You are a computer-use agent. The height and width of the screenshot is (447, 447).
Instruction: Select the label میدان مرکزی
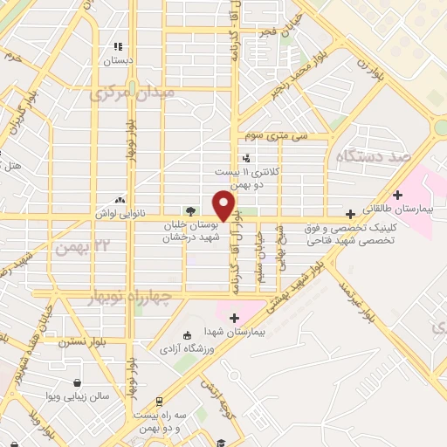pyautogui.click(x=132, y=91)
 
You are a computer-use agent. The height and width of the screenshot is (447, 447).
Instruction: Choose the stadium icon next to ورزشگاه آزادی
pyautogui.click(x=185, y=335)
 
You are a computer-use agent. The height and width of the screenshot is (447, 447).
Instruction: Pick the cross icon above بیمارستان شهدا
pyautogui.click(x=234, y=316)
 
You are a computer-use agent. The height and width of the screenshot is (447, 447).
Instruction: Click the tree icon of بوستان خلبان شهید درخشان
pyautogui.click(x=189, y=210)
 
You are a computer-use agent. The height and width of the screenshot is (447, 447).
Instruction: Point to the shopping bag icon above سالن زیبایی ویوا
pyautogui.click(x=79, y=382)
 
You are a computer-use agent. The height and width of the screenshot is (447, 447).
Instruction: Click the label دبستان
pyautogui.click(x=116, y=61)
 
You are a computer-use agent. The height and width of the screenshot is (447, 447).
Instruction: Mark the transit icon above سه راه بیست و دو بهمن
pyautogui.click(x=158, y=402)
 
